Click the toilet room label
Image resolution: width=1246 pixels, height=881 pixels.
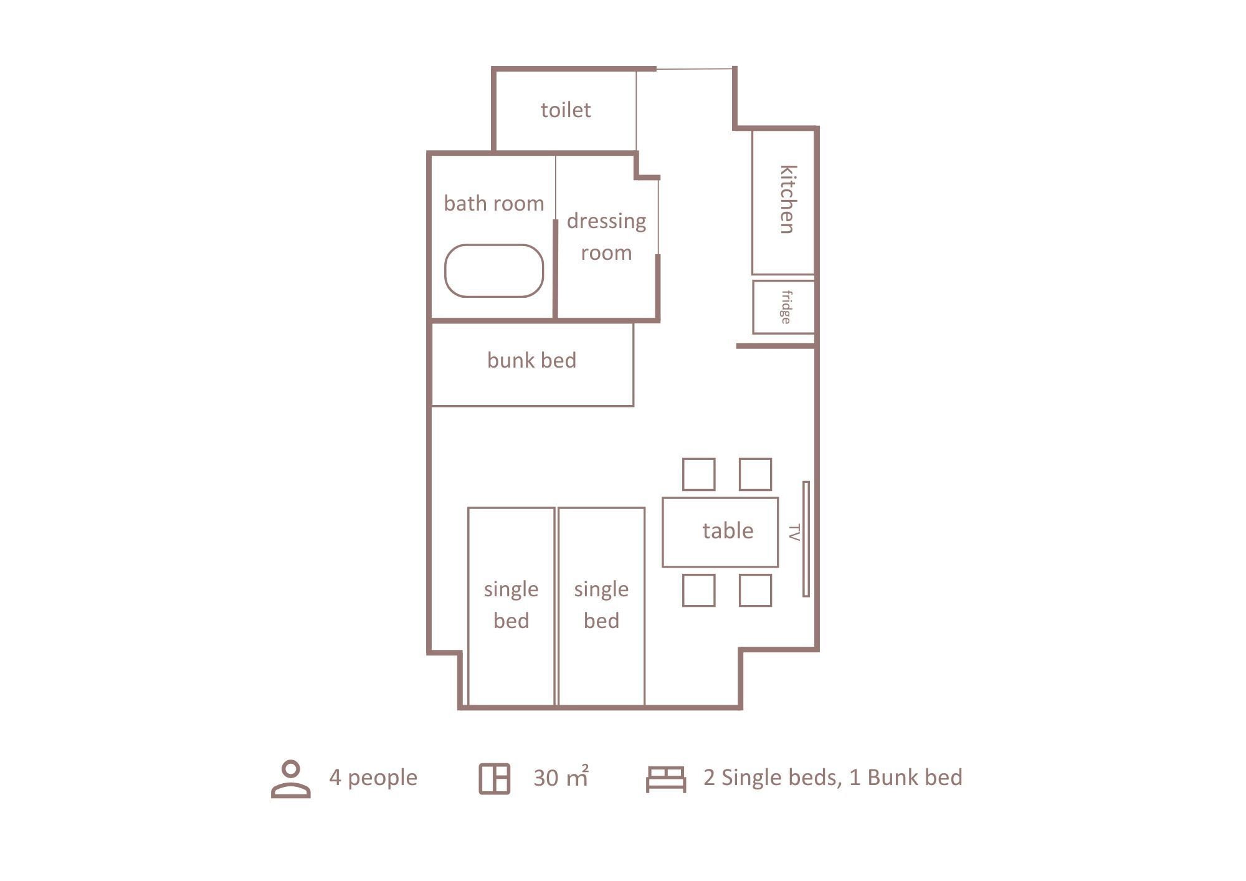[x=565, y=110]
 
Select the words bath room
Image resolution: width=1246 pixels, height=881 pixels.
[x=493, y=203]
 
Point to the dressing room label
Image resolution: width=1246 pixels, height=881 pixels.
[x=606, y=237]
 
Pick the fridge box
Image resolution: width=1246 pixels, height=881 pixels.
[x=784, y=307]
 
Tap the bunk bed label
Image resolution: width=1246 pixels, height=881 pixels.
[x=531, y=360]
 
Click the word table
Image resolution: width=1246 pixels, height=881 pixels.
[x=728, y=531]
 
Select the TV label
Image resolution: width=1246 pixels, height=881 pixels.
[x=794, y=533]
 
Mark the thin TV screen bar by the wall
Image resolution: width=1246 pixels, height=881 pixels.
[x=806, y=539]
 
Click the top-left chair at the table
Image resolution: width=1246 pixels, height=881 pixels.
[x=698, y=474]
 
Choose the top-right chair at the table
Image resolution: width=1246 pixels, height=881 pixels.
[x=755, y=474]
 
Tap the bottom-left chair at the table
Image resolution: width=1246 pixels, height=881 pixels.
[x=698, y=590]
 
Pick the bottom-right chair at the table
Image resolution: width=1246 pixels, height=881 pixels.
[x=755, y=590]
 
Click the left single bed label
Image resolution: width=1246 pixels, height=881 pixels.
[x=511, y=604]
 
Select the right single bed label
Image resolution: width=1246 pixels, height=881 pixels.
[x=601, y=604]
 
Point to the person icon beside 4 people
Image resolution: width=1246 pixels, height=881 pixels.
[x=291, y=778]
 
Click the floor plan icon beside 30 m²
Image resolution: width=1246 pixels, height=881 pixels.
[x=495, y=779]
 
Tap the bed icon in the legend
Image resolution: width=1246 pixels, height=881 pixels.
[x=666, y=779]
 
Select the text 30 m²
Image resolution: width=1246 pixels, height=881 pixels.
[x=561, y=777]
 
